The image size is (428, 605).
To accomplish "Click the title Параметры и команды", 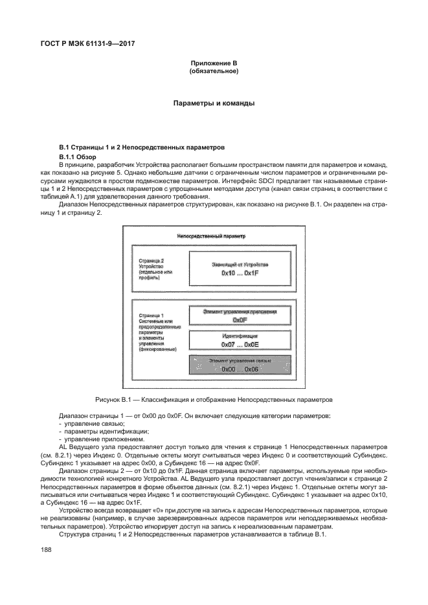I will tap(214, 103).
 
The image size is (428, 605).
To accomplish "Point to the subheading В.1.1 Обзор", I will tap(76, 157).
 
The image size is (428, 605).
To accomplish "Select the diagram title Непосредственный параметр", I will tap(211, 236).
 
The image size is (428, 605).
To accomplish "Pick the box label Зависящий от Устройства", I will tap(240, 265).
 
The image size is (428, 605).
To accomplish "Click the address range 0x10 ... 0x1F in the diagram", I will tap(240, 274).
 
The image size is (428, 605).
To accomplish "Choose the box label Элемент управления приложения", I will tap(240, 311).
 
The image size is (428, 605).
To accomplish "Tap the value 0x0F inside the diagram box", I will tap(240, 320).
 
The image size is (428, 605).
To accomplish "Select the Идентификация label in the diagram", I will tap(240, 336).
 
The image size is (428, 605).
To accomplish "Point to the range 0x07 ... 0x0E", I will tap(240, 345).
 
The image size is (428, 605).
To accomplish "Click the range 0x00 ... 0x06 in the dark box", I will tap(240, 369).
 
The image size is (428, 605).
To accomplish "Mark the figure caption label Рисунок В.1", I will tap(114, 399).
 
